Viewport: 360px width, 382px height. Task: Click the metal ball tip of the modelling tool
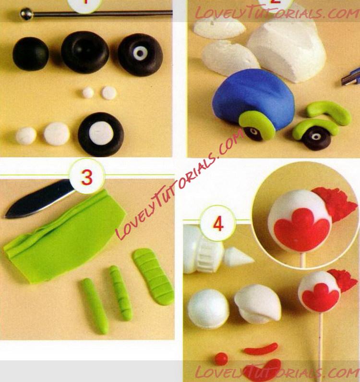pos(26,14)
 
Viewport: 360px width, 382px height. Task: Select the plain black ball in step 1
pos(31,54)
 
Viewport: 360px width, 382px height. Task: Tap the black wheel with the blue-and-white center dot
pos(141,55)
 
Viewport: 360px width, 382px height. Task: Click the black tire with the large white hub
pos(101,134)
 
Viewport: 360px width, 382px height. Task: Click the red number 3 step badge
pos(87,177)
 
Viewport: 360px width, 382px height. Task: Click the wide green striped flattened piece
pos(153,276)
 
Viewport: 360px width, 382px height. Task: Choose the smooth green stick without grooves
pos(95,306)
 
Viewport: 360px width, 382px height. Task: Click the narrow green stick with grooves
pos(120,292)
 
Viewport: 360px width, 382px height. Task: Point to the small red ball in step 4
pos(221,358)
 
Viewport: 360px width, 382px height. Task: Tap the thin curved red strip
pos(261,349)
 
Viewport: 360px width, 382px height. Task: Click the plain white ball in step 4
pos(208,309)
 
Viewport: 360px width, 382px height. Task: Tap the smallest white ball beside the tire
pos(26,136)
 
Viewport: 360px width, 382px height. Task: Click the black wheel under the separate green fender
pos(316,138)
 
